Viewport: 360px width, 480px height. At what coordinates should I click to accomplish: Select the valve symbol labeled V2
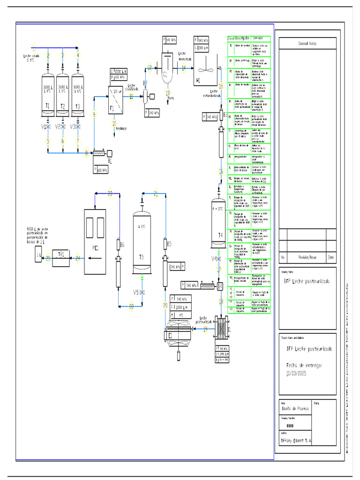(x=63, y=127)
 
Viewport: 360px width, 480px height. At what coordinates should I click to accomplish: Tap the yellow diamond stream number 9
(x=94, y=115)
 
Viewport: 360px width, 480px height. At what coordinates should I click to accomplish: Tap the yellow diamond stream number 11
(x=132, y=97)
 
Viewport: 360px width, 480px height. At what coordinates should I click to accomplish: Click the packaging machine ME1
(x=95, y=241)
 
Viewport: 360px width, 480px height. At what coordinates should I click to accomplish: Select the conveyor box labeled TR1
(x=60, y=257)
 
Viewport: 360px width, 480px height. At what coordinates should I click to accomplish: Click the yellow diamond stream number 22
(x=131, y=307)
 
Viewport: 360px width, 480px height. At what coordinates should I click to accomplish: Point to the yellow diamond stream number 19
(x=205, y=329)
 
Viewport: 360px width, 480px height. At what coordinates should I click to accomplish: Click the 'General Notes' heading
(x=307, y=43)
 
